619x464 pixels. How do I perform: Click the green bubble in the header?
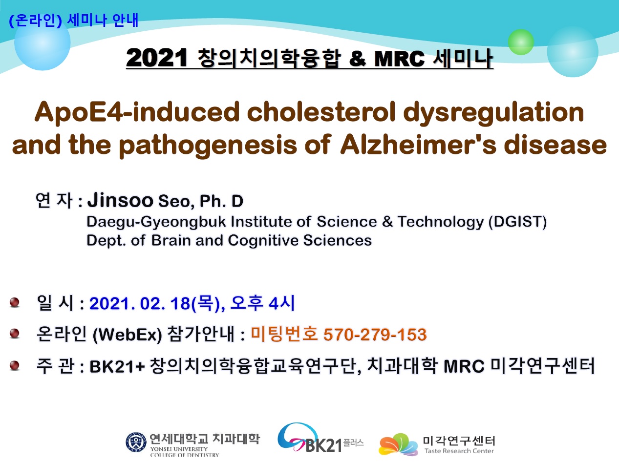[521, 42]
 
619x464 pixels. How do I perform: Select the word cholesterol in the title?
[321, 112]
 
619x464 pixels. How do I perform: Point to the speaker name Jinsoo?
[120, 200]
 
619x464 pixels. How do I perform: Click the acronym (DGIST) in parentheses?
[517, 222]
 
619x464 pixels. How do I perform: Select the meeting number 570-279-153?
[375, 335]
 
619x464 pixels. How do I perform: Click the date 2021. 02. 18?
[140, 304]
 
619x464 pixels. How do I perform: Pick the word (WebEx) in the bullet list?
[128, 335]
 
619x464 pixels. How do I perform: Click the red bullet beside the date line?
[14, 302]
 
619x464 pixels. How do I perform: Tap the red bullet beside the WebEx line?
[14, 333]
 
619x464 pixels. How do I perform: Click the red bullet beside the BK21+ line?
[14, 365]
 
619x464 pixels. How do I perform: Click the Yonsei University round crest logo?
[136, 442]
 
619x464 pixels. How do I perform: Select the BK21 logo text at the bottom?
[323, 445]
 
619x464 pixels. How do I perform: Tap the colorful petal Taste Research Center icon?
[398, 444]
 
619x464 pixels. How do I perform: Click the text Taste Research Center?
[459, 451]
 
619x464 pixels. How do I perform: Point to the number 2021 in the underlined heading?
[156, 58]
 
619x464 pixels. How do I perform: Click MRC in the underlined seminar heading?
[399, 59]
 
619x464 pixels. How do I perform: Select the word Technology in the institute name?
[441, 222]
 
